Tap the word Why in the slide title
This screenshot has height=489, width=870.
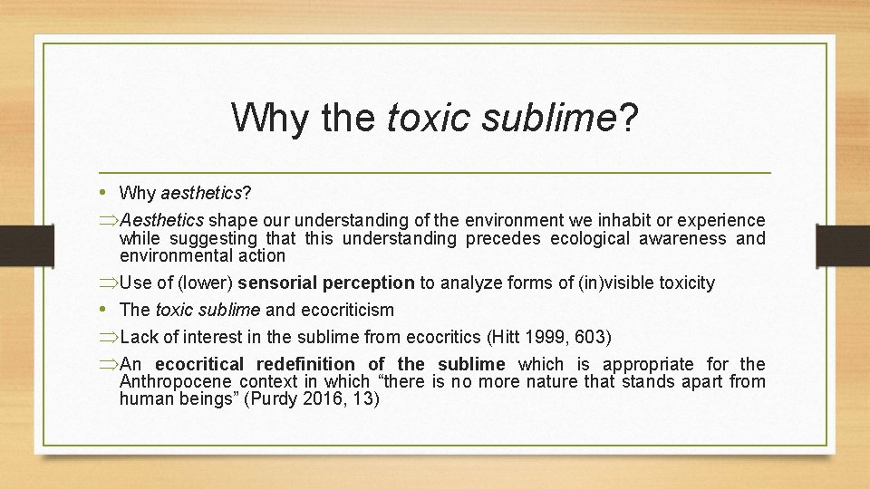(x=268, y=118)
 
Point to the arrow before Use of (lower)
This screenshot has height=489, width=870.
(x=109, y=283)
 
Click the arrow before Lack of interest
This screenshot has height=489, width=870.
(x=109, y=338)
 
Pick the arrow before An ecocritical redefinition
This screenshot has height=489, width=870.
(x=109, y=364)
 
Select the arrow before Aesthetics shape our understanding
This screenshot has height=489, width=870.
(x=109, y=221)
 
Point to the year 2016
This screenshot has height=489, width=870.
(x=329, y=398)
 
